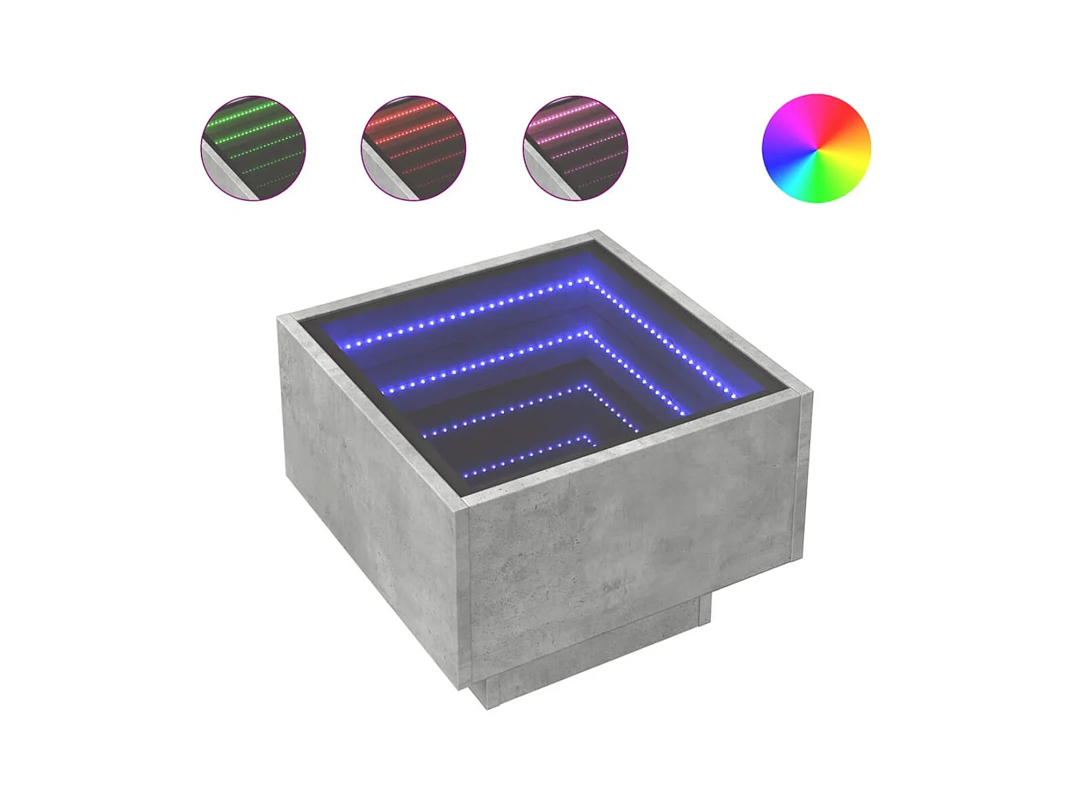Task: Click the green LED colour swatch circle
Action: [253, 148]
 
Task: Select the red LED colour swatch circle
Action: [414, 148]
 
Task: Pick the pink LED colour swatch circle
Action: [576, 148]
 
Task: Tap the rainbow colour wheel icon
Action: [816, 148]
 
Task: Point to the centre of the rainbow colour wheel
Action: [816, 148]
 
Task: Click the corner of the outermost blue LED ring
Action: [588, 281]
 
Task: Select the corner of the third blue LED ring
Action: [587, 387]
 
